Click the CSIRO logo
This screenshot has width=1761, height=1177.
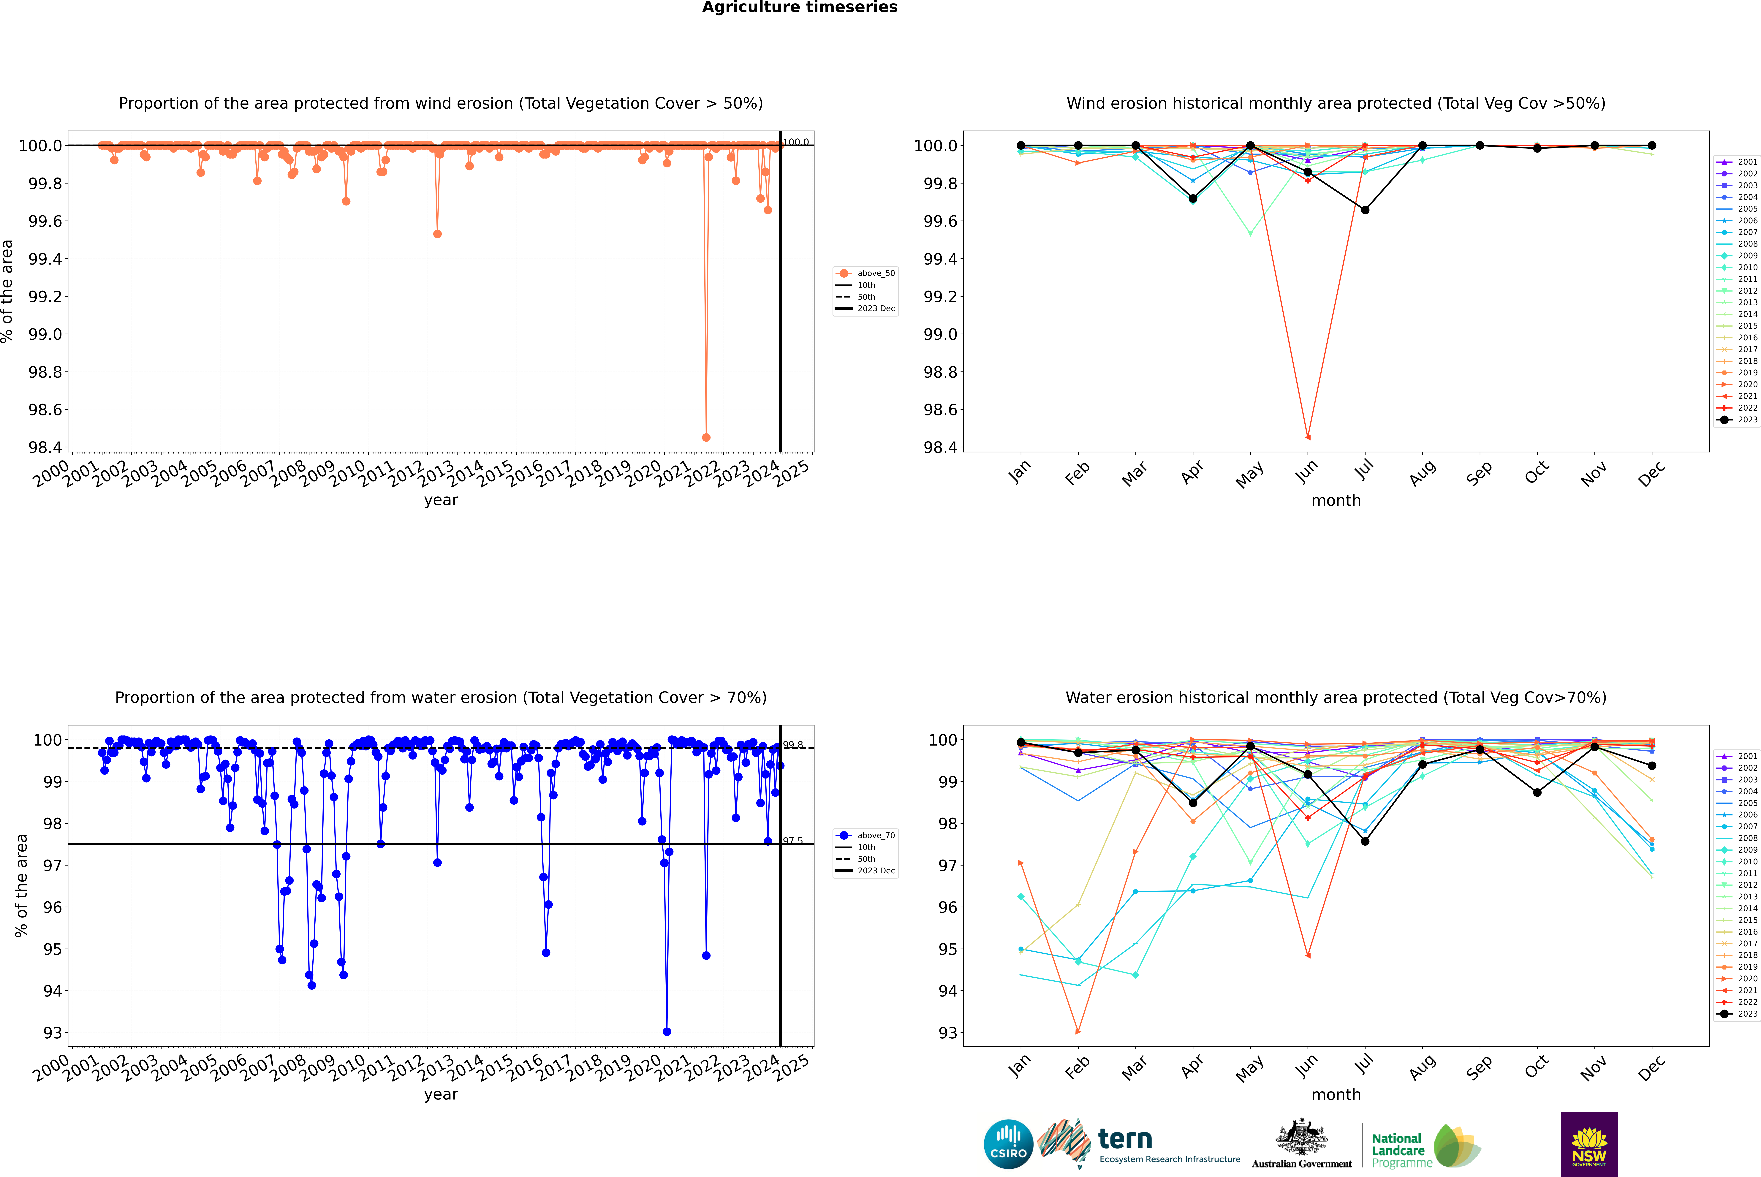tap(1008, 1144)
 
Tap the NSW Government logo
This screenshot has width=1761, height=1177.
tap(1589, 1144)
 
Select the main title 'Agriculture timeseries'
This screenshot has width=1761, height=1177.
tap(799, 7)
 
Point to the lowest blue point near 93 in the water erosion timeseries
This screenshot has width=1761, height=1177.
tap(667, 1031)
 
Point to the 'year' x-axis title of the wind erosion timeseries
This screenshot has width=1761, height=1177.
tap(441, 500)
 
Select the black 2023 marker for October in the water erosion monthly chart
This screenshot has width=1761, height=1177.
tap(1537, 793)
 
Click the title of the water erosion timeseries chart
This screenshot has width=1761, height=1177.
tap(441, 697)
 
